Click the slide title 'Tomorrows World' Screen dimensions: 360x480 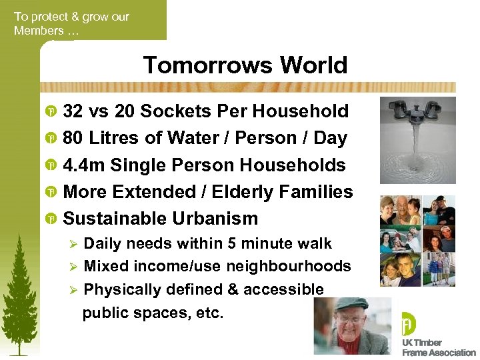(245, 65)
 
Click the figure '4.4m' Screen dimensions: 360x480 (84, 165)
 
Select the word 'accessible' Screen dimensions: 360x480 (283, 289)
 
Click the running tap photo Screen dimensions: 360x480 (417, 140)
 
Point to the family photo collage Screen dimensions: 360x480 (417, 241)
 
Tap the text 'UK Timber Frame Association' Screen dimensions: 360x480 (438, 347)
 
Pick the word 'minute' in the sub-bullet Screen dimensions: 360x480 (262, 243)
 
